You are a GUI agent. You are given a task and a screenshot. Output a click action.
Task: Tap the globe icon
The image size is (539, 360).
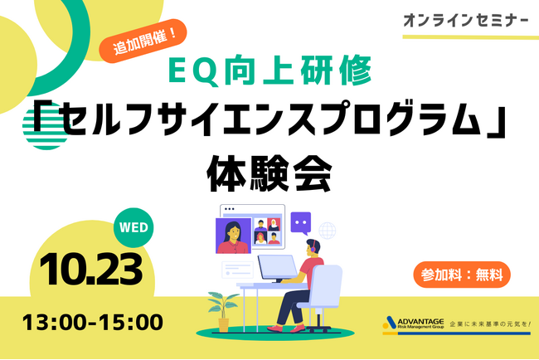click(328, 229)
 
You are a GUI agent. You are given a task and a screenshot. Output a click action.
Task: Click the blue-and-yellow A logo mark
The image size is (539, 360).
click(393, 323)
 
